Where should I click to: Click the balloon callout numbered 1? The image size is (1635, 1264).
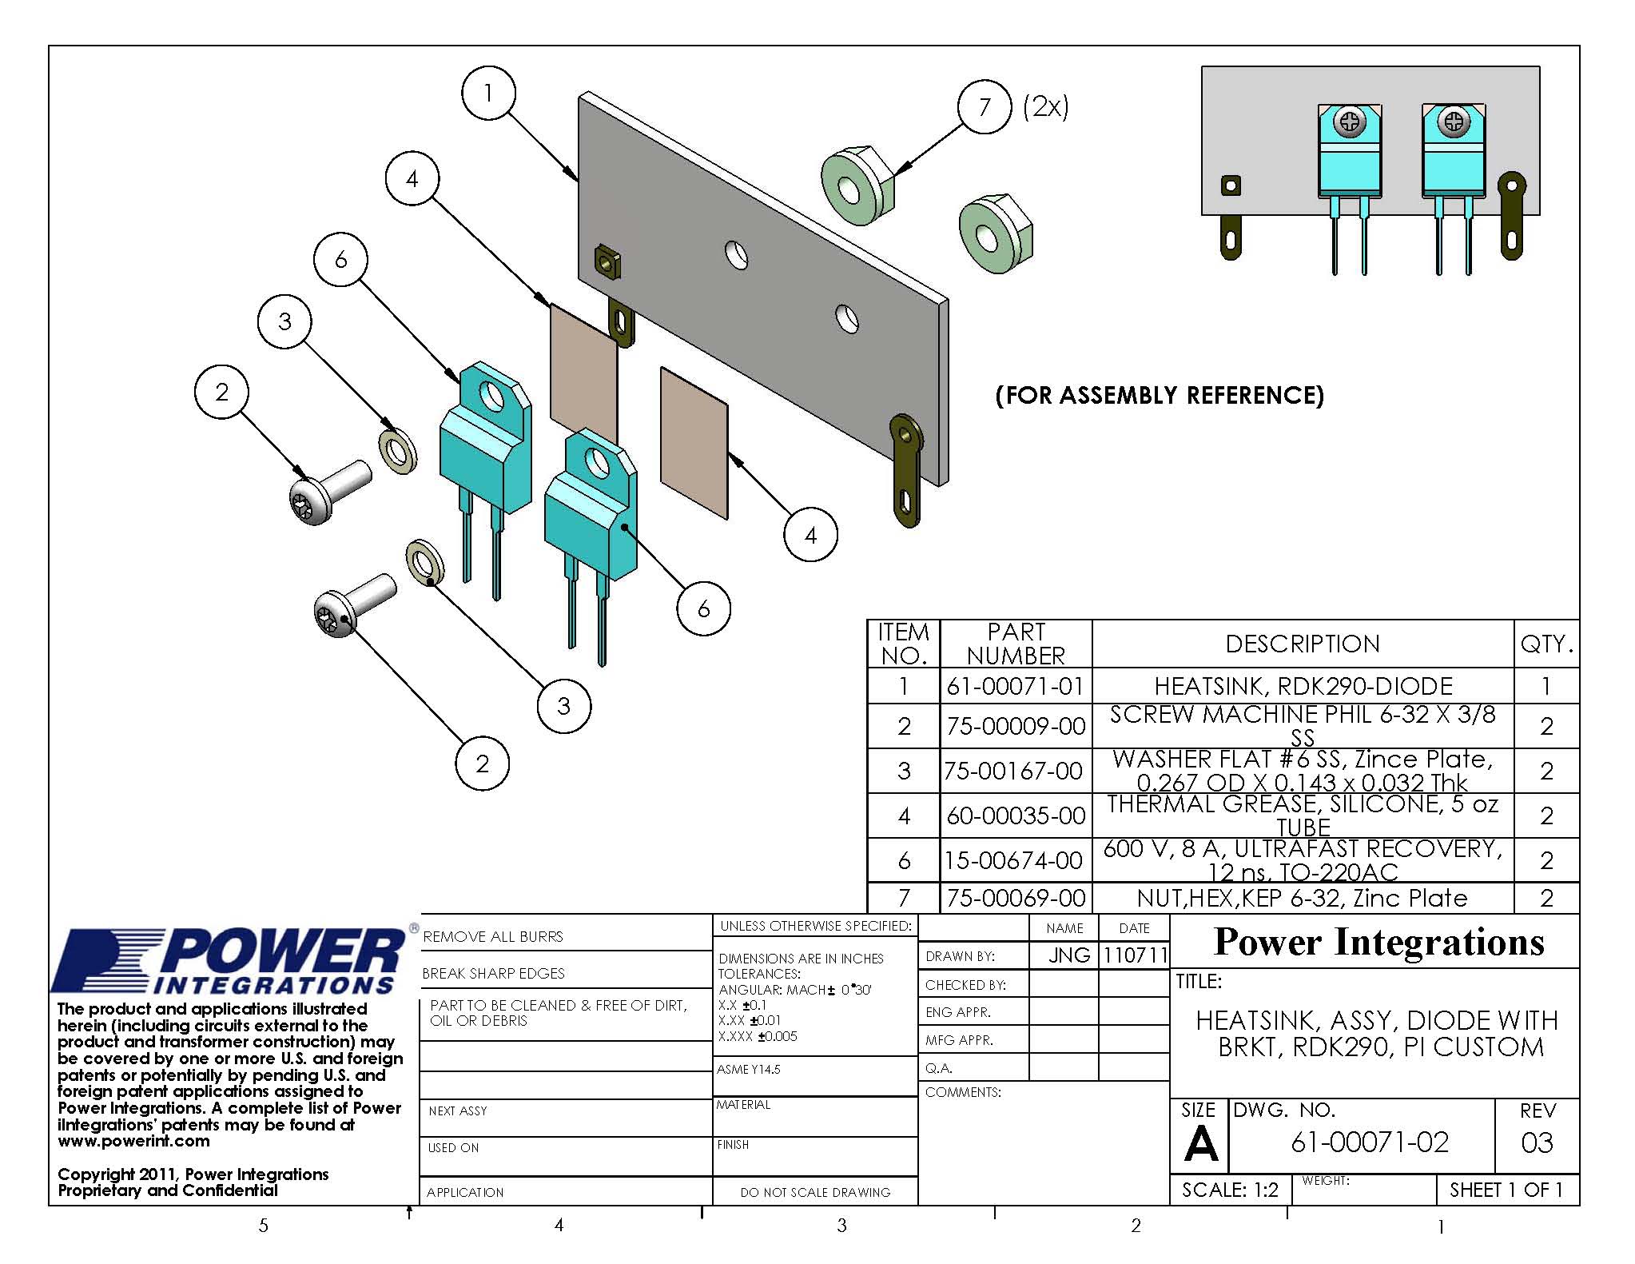pos(488,94)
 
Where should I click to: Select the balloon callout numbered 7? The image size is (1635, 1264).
pos(985,106)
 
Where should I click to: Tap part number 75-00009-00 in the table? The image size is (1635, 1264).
pos(1016,726)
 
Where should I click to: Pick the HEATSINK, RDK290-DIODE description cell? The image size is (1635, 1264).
pos(1303,686)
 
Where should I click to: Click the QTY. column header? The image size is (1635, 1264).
pos(1546,644)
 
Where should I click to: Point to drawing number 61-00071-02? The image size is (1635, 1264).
pos(1370,1142)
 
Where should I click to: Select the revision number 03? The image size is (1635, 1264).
pos(1537,1142)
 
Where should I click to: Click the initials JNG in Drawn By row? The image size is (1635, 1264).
pos(1068,955)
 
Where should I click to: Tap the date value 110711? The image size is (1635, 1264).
pos(1134,955)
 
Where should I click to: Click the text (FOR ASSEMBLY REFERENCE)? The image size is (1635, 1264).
pos(1160,395)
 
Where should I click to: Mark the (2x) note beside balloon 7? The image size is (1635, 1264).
pos(1045,106)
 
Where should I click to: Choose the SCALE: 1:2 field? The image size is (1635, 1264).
pos(1230,1190)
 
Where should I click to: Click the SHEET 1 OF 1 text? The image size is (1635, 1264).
pos(1506,1190)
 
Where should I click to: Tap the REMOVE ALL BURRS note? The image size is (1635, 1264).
pos(493,936)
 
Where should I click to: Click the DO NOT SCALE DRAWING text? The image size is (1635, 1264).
pos(815,1192)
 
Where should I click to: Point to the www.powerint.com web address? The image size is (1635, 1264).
pos(133,1141)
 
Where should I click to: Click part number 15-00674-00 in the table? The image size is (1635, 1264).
pos(1016,860)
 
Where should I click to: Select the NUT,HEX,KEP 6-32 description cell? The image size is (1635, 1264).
pos(1303,898)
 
